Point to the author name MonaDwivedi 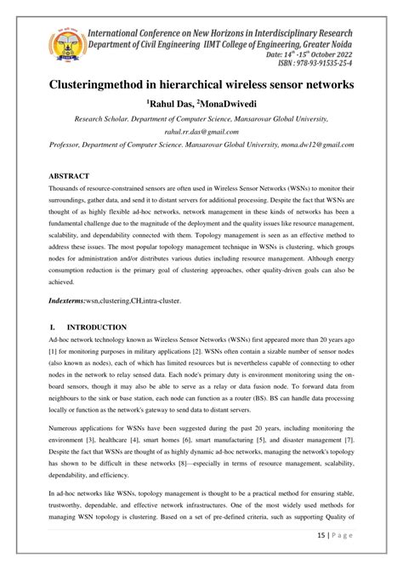224,103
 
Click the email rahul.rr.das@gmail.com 201,132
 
